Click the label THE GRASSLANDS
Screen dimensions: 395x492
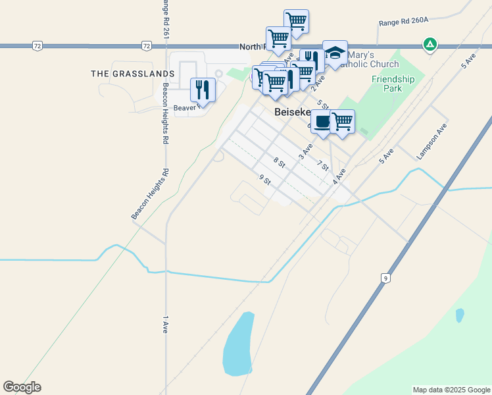tap(133, 74)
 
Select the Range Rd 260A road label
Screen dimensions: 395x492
tap(403, 22)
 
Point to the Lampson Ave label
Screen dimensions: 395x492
tap(432, 142)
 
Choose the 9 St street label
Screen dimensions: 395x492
tap(265, 180)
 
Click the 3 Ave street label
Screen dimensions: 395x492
tap(305, 151)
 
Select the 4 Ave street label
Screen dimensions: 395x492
tap(339, 176)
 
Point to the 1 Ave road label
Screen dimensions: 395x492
tap(165, 325)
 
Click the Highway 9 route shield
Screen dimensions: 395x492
tap(385, 278)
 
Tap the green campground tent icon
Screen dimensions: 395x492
tap(430, 45)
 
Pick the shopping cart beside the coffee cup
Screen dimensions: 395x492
tap(342, 122)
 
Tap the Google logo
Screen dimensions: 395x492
tap(22, 387)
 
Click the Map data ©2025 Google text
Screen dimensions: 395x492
tap(451, 390)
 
